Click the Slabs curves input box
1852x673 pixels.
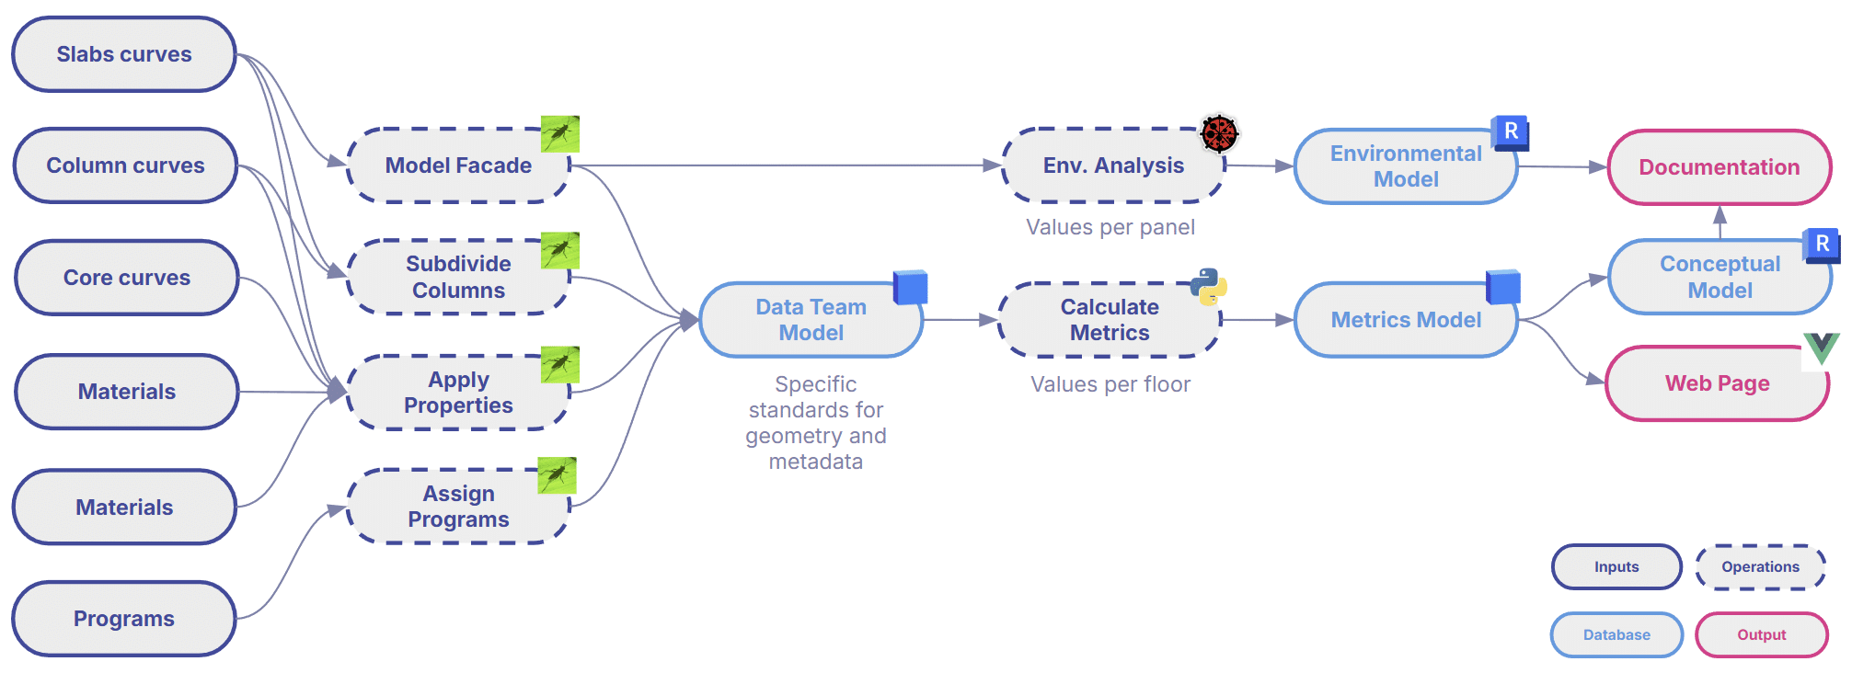click(124, 54)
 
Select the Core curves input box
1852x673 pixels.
click(127, 278)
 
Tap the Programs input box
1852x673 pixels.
click(124, 619)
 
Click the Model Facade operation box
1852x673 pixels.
click(458, 165)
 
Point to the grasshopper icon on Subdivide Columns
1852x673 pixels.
click(559, 250)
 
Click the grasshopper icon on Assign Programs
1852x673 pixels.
click(557, 475)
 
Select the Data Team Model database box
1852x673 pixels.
click(811, 320)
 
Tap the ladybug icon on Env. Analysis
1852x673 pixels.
click(1219, 133)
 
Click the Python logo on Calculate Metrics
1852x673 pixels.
click(1208, 287)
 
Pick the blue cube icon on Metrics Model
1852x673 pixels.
click(1503, 287)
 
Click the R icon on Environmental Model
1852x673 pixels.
click(1510, 132)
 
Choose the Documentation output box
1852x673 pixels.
click(1719, 167)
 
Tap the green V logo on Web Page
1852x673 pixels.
click(1820, 348)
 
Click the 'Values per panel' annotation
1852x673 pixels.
click(1110, 227)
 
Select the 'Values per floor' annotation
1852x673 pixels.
click(1110, 384)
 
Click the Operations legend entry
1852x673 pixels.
click(1760, 567)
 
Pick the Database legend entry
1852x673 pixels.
click(1616, 635)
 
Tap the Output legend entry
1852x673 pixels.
click(1761, 635)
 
